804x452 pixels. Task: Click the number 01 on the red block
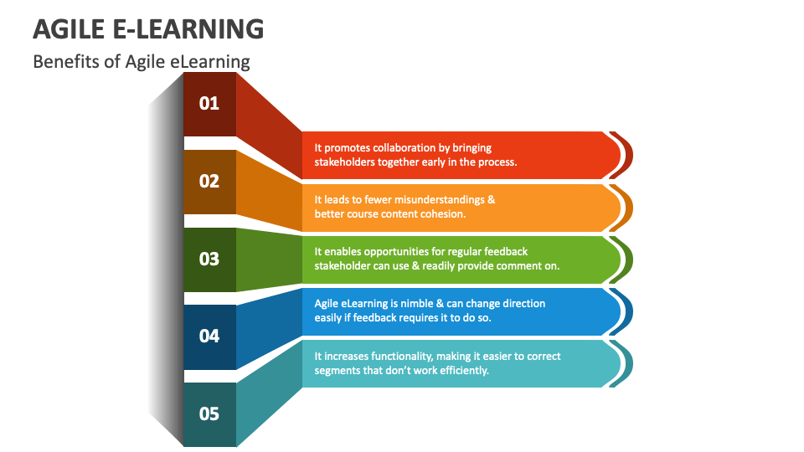click(209, 104)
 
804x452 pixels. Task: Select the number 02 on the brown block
click(209, 182)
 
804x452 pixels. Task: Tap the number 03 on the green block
click(209, 259)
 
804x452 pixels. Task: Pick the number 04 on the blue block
click(209, 336)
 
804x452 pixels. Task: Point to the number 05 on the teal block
click(209, 413)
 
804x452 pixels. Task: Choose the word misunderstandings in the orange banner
click(441, 199)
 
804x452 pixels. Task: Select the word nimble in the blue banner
click(430, 303)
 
